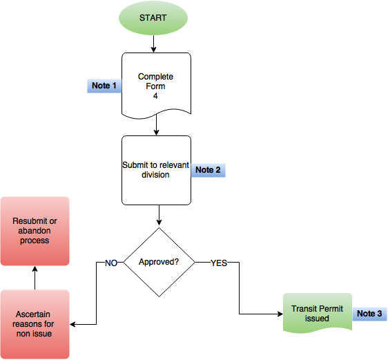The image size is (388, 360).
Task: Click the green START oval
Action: (153, 18)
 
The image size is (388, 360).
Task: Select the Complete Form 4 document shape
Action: (156, 86)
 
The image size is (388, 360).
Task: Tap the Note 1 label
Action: (104, 86)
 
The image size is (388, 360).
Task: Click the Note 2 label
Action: (208, 170)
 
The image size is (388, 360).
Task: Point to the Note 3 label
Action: (369, 314)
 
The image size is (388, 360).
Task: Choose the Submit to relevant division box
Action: (156, 171)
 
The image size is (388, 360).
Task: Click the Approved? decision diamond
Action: (159, 262)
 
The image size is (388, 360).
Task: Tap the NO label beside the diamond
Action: (111, 263)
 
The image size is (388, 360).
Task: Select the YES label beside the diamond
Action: (219, 263)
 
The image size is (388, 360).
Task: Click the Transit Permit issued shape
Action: (318, 313)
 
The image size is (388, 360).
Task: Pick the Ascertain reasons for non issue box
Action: (35, 324)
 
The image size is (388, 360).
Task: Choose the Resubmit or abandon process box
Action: (35, 231)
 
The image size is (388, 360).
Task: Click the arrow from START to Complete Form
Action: (153, 44)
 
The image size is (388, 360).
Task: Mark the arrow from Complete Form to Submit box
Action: (156, 125)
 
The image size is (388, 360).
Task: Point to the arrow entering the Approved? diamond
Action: (159, 215)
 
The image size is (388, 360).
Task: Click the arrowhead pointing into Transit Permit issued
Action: (280, 314)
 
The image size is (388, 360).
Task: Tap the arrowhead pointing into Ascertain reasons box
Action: (72, 324)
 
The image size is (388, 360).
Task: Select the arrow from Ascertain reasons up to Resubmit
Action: (35, 278)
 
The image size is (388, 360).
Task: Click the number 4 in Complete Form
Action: (155, 96)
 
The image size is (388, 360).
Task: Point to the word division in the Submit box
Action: (155, 175)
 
